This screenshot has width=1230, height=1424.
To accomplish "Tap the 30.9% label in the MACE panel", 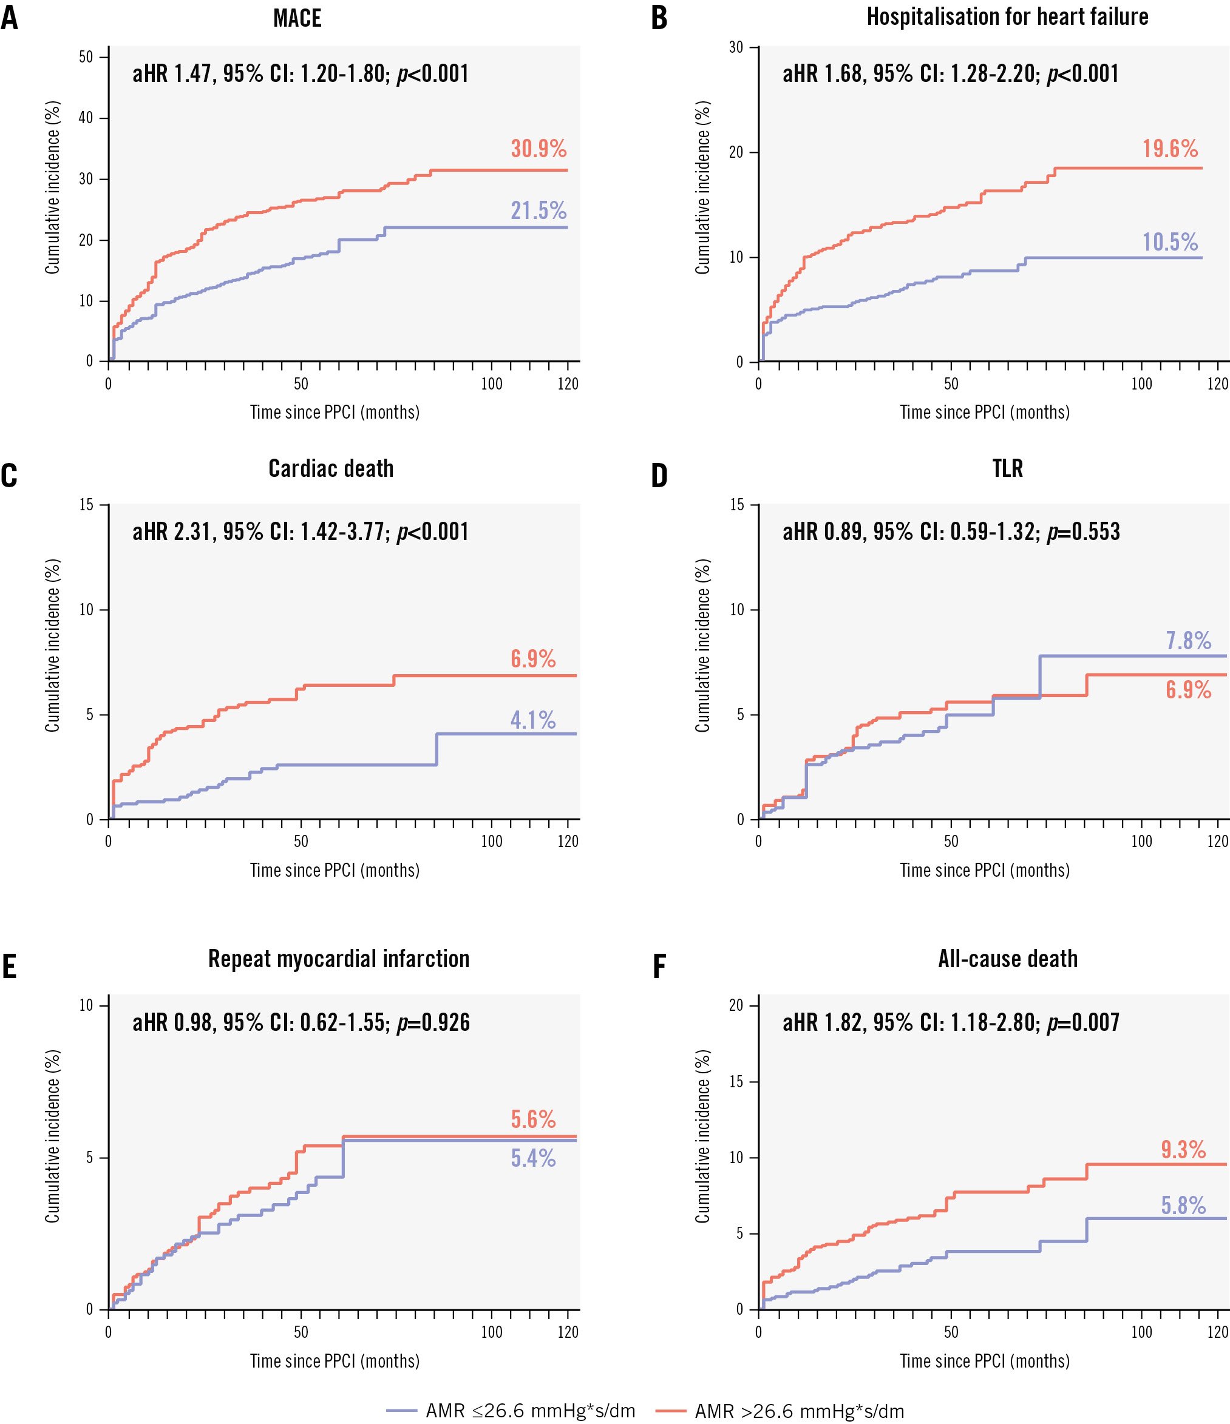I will pos(539,149).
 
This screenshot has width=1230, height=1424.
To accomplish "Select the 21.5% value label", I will pos(539,211).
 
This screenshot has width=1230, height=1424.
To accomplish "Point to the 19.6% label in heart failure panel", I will pos(1170,149).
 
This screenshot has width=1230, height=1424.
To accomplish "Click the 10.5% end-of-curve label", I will pos(1170,242).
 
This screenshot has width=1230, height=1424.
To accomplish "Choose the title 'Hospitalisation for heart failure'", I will pos(1007,16).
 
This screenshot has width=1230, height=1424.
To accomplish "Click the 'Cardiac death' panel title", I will pos(331,469).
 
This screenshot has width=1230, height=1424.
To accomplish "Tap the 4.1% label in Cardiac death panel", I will pos(533,720).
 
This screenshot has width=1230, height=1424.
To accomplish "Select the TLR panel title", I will pos(1007,469).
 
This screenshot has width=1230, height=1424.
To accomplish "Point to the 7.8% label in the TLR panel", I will pos(1188,641).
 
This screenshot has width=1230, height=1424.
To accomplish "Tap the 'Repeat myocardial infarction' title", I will pos(338,959).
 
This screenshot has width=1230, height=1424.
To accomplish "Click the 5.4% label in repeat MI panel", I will pos(533,1159).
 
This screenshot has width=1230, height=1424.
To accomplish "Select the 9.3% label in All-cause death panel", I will pos(1183,1150).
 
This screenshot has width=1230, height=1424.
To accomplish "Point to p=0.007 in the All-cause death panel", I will pos(1083,1022).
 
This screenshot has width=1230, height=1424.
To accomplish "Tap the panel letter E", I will pos(9,967).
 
